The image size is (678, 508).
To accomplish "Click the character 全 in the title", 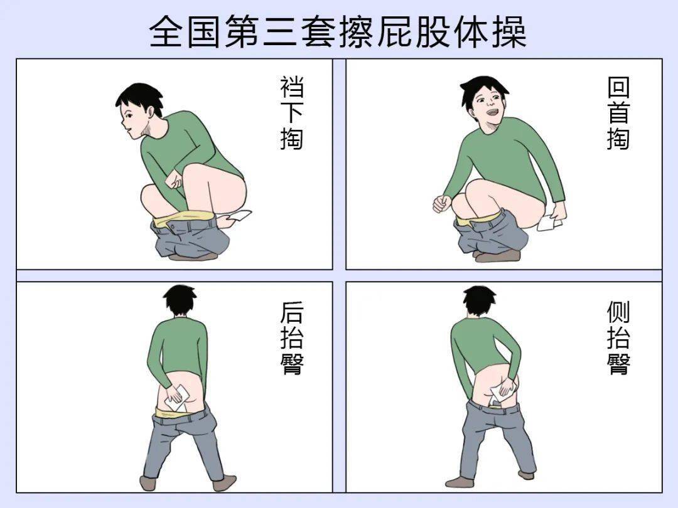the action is [166, 31].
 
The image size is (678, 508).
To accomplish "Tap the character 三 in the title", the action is [279, 31].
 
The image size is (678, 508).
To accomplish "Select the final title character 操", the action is [509, 31].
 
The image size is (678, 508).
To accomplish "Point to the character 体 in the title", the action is [471, 31].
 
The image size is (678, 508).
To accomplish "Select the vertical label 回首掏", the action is [618, 113].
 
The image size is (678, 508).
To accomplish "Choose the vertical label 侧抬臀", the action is [618, 338].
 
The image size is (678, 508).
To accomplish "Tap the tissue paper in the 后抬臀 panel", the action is [177, 398].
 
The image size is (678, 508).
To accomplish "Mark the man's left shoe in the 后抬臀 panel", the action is [148, 482].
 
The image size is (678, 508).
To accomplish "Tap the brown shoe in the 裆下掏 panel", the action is [193, 257].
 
